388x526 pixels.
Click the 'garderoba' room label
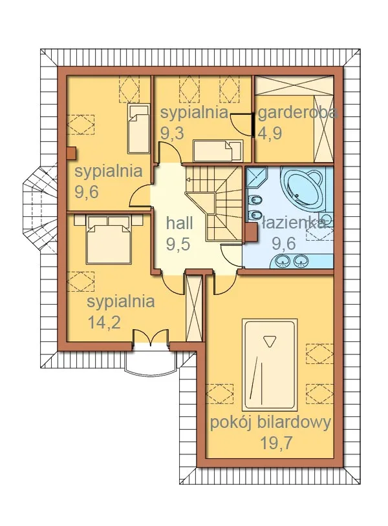298,113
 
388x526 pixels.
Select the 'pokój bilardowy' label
271,423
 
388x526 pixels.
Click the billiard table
270,365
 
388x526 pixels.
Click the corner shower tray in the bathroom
257,177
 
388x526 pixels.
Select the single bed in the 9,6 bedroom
138,129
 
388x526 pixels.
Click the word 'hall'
180,223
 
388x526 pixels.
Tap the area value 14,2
104,322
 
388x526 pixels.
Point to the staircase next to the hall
213,203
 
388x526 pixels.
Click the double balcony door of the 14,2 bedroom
150,338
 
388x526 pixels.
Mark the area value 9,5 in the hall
178,244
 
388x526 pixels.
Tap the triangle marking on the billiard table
268,341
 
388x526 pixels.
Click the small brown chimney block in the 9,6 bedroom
71,153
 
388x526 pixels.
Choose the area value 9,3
172,133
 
